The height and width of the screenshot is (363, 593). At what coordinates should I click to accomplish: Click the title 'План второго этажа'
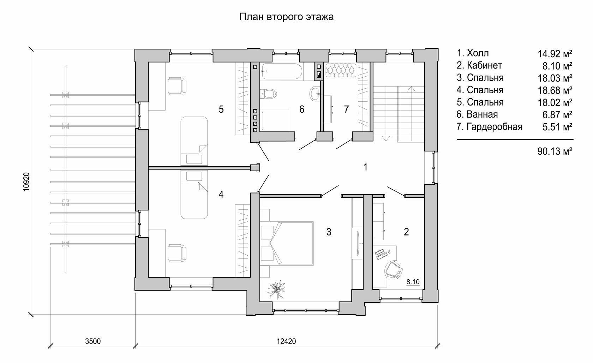pyautogui.click(x=287, y=17)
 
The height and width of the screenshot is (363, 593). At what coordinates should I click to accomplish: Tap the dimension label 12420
pyautogui.click(x=286, y=341)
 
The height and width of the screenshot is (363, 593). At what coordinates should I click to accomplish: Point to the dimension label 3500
pyautogui.click(x=93, y=341)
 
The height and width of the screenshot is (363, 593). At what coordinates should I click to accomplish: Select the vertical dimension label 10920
pyautogui.click(x=26, y=182)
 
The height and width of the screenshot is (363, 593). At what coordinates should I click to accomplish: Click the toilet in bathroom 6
pyautogui.click(x=268, y=94)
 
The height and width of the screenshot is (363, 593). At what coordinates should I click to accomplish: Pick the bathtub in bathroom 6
pyautogui.click(x=282, y=71)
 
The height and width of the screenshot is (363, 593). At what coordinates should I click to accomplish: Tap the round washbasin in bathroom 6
pyautogui.click(x=315, y=94)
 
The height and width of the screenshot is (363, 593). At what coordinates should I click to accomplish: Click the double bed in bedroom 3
pyautogui.click(x=287, y=243)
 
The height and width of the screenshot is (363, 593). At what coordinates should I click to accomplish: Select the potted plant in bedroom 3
pyautogui.click(x=276, y=290)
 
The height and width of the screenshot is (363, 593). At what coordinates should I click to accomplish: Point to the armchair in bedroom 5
pyautogui.click(x=177, y=86)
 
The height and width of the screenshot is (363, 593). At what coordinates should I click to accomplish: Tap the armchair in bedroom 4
pyautogui.click(x=177, y=253)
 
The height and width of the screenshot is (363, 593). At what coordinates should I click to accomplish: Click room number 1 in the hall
pyautogui.click(x=365, y=167)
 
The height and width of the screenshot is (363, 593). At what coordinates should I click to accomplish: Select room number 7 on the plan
pyautogui.click(x=346, y=109)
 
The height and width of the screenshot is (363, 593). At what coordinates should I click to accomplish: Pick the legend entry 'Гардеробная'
pyautogui.click(x=495, y=126)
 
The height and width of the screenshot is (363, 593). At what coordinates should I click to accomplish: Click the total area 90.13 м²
pyautogui.click(x=555, y=151)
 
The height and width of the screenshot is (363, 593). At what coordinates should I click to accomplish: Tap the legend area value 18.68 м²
pyautogui.click(x=555, y=90)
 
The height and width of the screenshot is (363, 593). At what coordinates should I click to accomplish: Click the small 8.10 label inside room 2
pyautogui.click(x=413, y=282)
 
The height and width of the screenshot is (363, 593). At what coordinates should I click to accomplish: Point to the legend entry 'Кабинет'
pyautogui.click(x=484, y=65)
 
